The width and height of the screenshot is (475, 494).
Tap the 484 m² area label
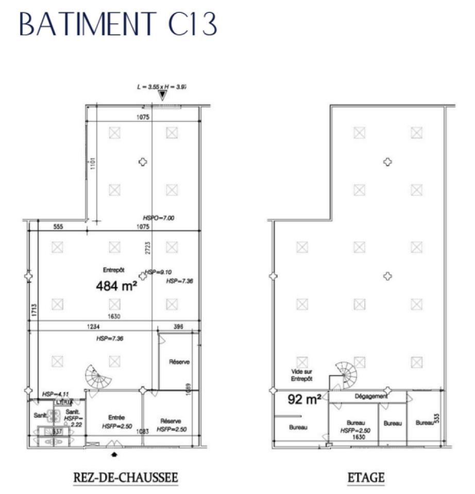[116, 286]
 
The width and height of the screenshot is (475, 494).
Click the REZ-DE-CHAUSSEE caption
[126, 478]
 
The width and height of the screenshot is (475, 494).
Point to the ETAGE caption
[366, 478]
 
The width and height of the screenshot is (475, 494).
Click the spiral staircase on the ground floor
[98, 377]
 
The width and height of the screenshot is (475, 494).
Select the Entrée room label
[116, 417]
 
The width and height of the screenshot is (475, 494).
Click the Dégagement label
[371, 397]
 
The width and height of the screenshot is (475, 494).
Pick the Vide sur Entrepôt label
[301, 375]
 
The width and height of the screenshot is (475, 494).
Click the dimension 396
[178, 327]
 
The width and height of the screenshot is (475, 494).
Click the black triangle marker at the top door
[163, 94]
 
